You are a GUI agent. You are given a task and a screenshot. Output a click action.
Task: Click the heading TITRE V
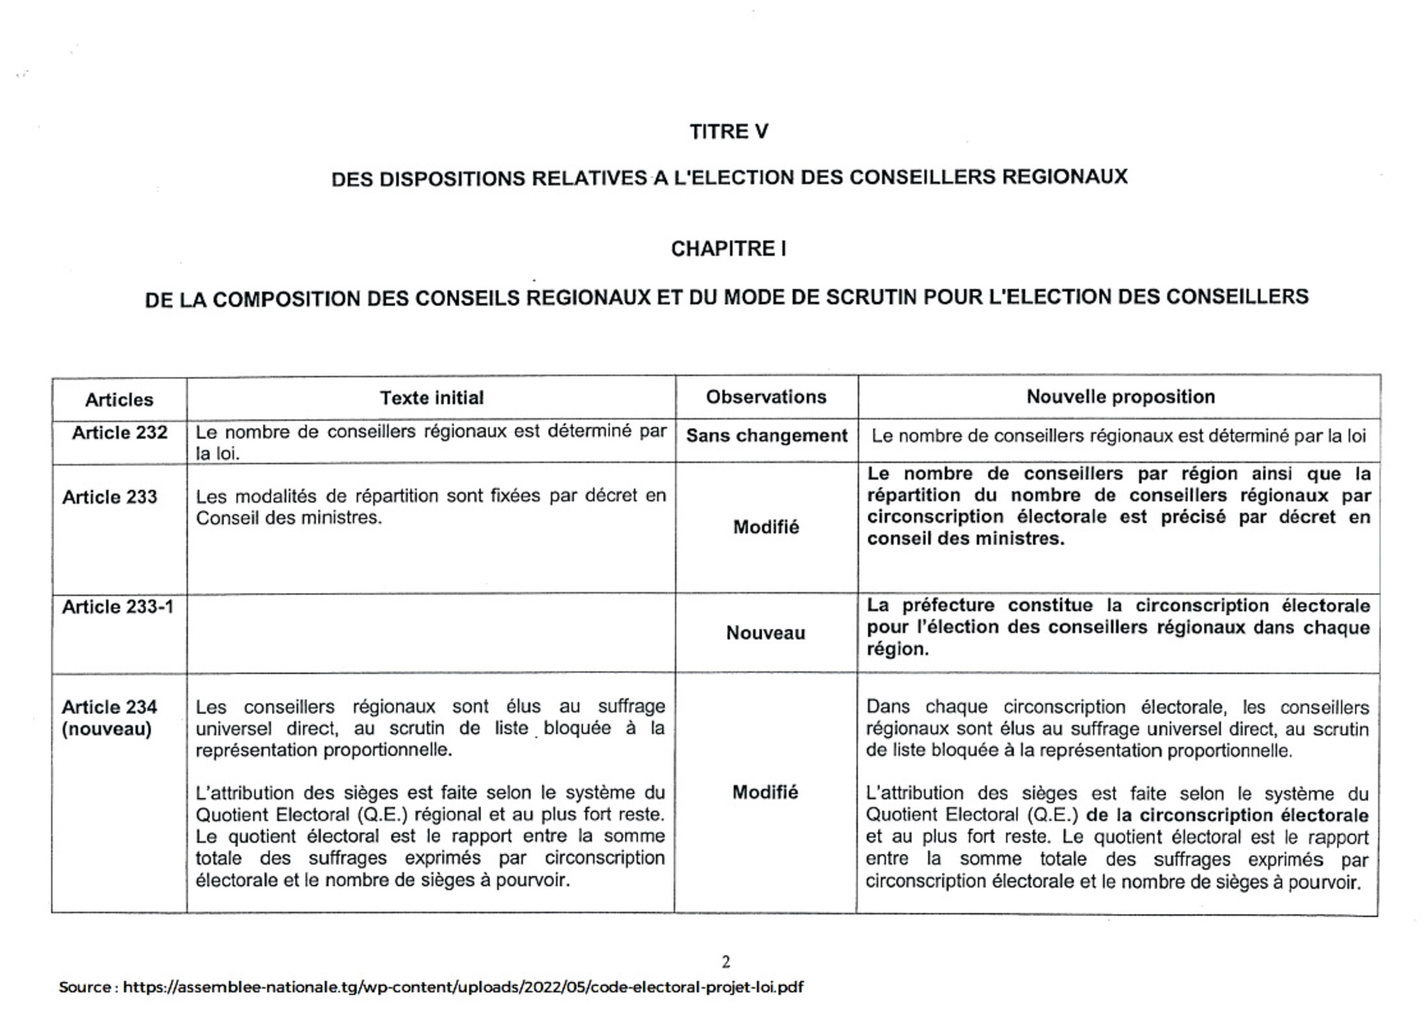728,132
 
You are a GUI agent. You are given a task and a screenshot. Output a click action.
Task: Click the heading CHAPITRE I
728,249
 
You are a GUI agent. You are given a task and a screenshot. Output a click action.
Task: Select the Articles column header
119,399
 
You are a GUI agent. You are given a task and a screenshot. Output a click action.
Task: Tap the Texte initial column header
432,397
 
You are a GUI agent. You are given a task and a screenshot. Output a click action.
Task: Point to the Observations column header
766,397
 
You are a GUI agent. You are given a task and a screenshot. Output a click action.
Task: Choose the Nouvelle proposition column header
1120,397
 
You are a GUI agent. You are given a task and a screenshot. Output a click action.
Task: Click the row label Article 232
119,432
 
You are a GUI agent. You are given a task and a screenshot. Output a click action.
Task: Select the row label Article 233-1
117,606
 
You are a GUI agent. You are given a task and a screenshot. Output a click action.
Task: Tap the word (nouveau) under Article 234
106,729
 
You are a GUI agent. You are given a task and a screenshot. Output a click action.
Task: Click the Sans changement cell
767,436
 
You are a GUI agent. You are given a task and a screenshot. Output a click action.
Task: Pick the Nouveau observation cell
765,633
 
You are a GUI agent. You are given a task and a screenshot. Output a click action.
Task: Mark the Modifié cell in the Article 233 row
766,527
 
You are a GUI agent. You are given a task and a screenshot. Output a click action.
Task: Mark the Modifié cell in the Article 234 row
765,792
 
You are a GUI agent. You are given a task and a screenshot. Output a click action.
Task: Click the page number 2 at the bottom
726,962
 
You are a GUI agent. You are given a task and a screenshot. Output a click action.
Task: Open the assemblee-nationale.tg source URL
463,988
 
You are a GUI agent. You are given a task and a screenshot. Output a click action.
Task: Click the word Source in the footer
85,988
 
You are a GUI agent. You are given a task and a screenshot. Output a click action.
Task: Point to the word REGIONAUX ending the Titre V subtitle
1065,177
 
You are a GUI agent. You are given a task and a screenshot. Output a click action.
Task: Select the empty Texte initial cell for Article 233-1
431,633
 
